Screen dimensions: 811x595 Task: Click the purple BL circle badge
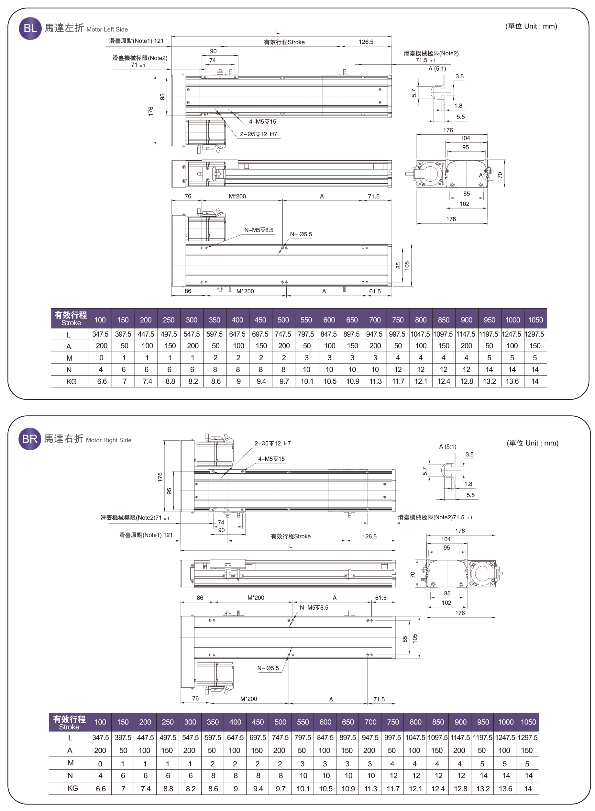pyautogui.click(x=30, y=28)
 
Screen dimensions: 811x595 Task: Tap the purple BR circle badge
pyautogui.click(x=29, y=439)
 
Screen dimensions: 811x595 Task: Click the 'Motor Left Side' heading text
pyautogui.click(x=107, y=29)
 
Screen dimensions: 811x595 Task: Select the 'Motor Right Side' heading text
pyautogui.click(x=108, y=440)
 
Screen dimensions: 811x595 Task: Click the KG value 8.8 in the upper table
pyautogui.click(x=170, y=381)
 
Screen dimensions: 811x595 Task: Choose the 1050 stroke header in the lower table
pyautogui.click(x=528, y=722)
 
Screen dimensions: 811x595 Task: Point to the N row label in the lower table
pyautogui.click(x=70, y=775)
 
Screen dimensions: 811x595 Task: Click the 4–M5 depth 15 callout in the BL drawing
pyautogui.click(x=263, y=122)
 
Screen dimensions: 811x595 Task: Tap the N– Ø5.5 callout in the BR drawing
pyautogui.click(x=268, y=668)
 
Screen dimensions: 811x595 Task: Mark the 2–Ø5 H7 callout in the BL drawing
pyautogui.click(x=259, y=134)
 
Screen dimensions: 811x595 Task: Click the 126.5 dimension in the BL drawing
pyautogui.click(x=366, y=42)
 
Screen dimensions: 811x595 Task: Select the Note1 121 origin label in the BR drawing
pyautogui.click(x=146, y=535)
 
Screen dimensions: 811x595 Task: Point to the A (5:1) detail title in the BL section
pyautogui.click(x=437, y=69)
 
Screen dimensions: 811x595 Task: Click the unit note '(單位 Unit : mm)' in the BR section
pyautogui.click(x=532, y=443)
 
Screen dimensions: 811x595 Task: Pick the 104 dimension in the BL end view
pyautogui.click(x=465, y=138)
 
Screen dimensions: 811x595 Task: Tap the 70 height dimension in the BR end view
pyautogui.click(x=413, y=575)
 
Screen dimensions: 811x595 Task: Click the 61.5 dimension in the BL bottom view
pyautogui.click(x=375, y=291)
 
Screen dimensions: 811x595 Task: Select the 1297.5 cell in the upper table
pyautogui.click(x=534, y=334)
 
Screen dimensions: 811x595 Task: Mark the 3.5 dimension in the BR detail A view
pyautogui.click(x=469, y=455)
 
